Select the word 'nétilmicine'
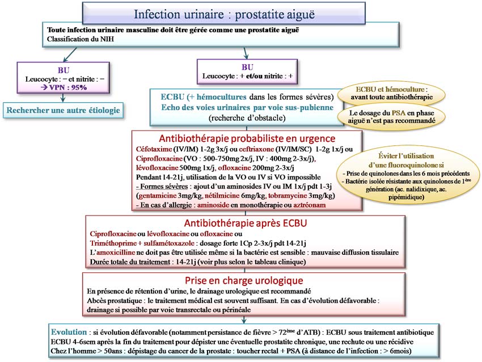(x=222, y=195)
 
